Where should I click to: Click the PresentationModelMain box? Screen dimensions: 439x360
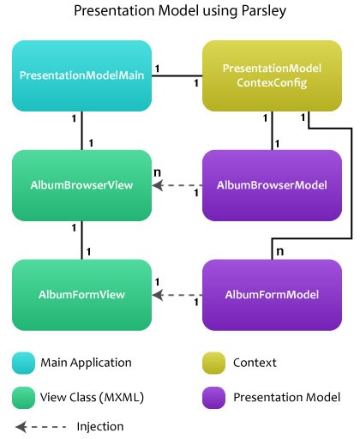coord(82,76)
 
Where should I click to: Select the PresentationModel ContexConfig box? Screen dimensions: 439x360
coord(272,76)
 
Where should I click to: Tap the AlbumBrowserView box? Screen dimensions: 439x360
coord(82,184)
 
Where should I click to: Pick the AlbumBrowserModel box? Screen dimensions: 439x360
coord(272,184)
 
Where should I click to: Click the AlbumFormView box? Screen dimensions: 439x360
coord(82,295)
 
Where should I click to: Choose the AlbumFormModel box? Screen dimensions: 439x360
coord(272,295)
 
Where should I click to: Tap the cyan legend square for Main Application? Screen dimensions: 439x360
coord(24,362)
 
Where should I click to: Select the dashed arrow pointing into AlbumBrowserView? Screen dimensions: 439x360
coord(177,184)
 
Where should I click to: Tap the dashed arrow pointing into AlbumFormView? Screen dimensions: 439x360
coord(177,295)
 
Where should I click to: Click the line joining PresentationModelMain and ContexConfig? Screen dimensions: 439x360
coord(177,76)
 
